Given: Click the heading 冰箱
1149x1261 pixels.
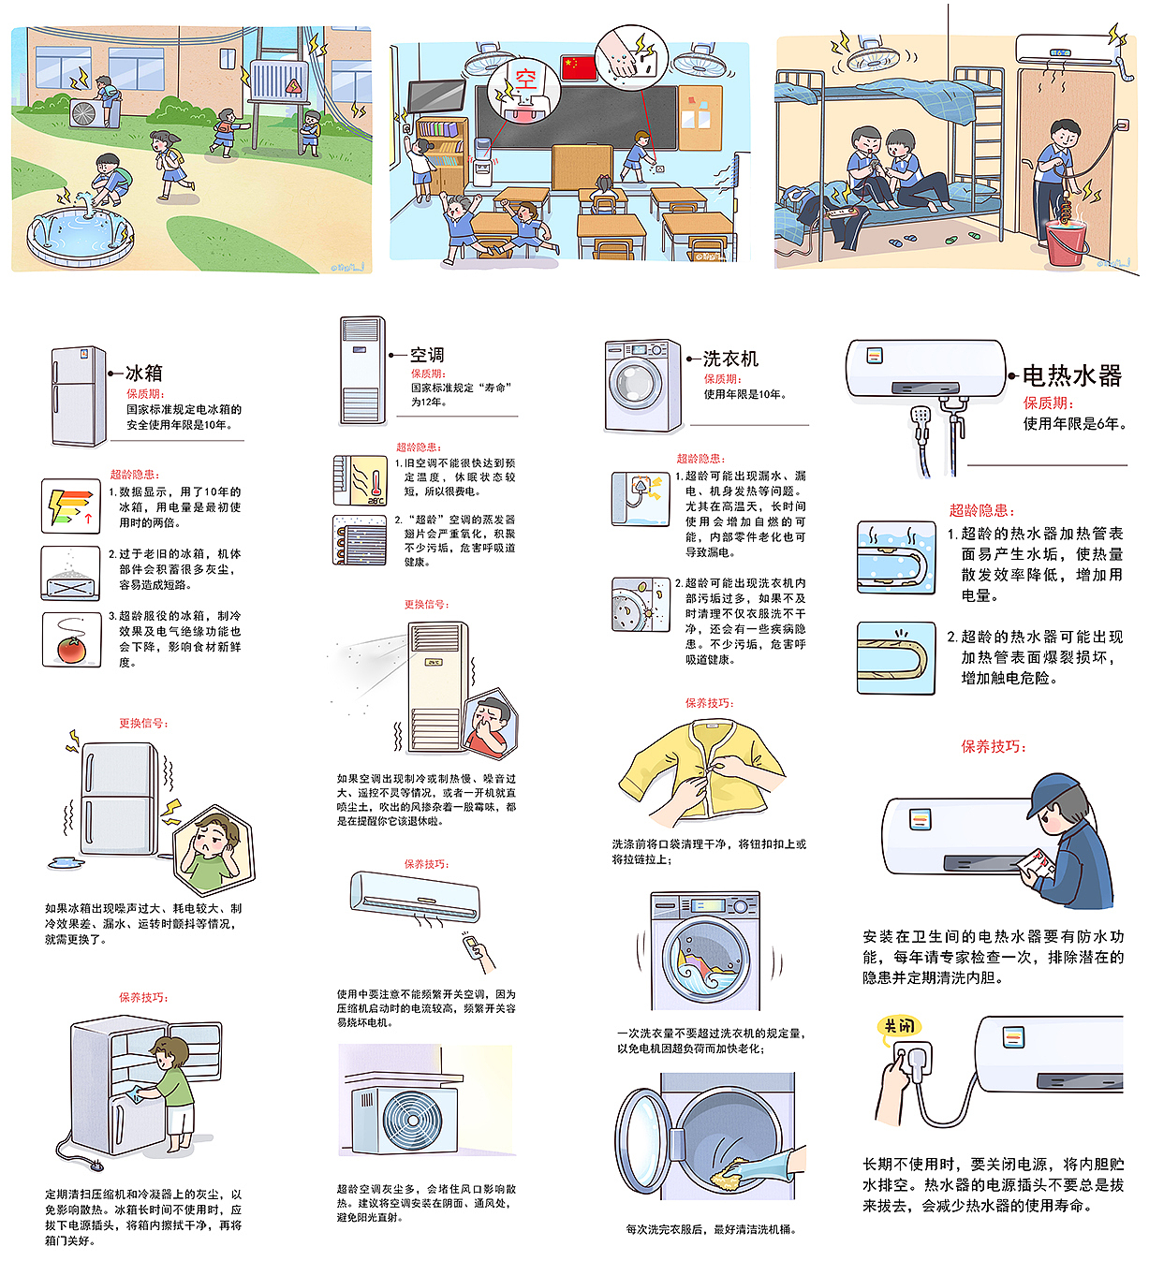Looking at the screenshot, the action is click(144, 373).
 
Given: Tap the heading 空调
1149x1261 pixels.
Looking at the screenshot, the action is click(427, 355).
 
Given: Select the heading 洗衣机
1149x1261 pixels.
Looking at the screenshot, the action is click(730, 359).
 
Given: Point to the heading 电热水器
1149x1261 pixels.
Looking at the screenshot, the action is click(1071, 375).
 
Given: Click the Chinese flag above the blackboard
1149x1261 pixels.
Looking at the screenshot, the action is click(579, 67).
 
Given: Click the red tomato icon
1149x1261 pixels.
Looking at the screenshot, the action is click(71, 650).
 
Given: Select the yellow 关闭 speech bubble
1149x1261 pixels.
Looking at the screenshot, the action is click(899, 1026).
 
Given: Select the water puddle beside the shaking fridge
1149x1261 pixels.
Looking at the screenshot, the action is click(66, 862).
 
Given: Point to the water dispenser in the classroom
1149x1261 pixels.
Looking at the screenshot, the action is click(482, 162).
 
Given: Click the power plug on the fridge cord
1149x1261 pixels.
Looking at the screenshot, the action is click(96, 1166).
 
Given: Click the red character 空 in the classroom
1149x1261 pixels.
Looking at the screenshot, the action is click(525, 80).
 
